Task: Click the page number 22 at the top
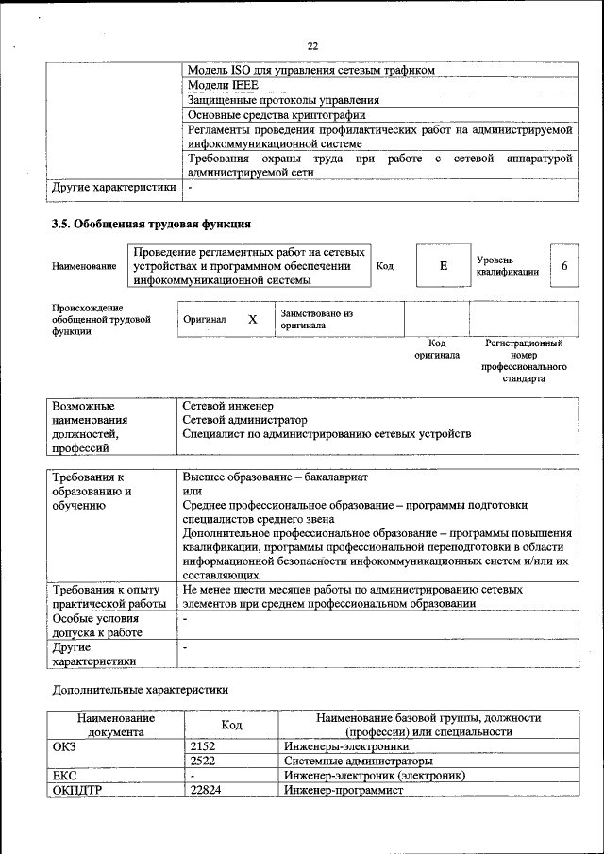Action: tap(312, 45)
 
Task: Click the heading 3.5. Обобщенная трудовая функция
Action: tap(151, 225)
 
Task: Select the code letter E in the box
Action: tap(443, 266)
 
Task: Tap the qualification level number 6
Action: tap(563, 266)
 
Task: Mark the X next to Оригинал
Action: tap(253, 319)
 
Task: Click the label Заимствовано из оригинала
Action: tap(315, 319)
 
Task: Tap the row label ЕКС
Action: tap(65, 775)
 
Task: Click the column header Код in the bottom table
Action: tap(231, 725)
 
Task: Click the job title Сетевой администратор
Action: tap(244, 419)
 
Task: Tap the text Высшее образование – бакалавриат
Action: tap(275, 477)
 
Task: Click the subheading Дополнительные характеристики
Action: tap(140, 690)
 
